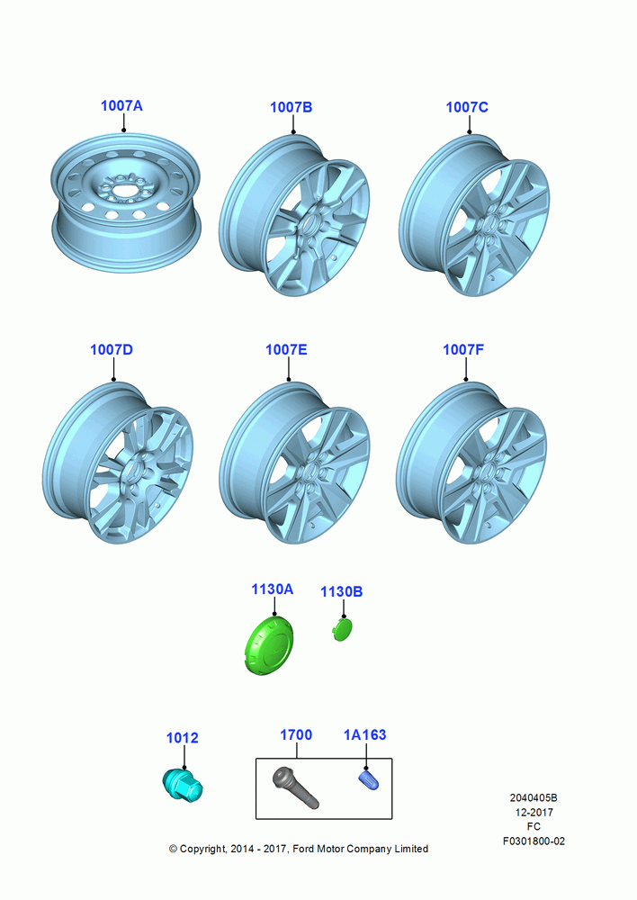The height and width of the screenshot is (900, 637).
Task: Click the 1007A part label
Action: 121,105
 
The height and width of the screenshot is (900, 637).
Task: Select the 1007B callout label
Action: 291,107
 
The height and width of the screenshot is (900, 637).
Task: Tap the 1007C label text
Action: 467,107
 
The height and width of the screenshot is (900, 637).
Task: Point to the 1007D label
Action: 112,349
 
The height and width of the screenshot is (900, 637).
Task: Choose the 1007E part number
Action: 286,349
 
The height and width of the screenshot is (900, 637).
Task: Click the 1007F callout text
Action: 463,349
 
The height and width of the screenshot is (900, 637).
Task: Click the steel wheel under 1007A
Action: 126,202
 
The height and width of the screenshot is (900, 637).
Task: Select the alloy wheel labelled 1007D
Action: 118,463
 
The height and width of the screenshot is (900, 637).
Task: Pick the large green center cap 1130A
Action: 269,644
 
